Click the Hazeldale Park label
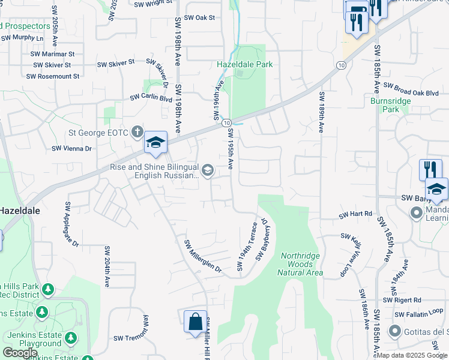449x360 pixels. click(245, 64)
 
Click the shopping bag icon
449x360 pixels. click(196, 322)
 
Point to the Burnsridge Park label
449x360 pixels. click(385, 106)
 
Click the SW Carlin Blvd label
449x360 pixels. click(151, 97)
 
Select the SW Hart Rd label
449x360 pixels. click(356, 214)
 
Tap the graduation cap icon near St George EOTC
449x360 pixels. click(155, 143)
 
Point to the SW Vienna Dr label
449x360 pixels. click(71, 148)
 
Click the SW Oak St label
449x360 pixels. click(199, 18)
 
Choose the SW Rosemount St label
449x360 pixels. click(53, 76)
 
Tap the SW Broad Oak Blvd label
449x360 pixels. click(411, 89)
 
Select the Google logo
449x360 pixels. click(20, 353)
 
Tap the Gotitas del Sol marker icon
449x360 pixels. click(394, 331)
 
